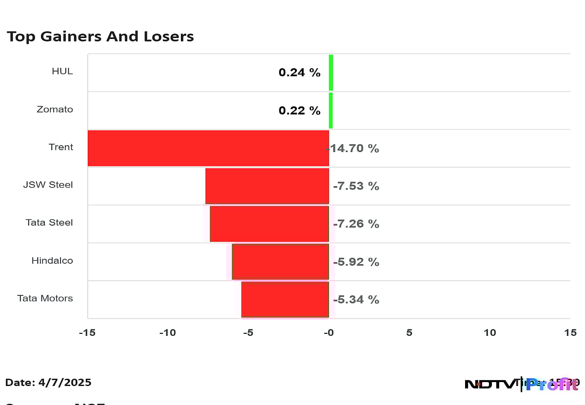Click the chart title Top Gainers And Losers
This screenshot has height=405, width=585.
click(100, 37)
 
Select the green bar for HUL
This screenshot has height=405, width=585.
click(331, 73)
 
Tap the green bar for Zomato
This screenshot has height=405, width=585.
click(331, 111)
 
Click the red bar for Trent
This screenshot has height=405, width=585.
click(208, 148)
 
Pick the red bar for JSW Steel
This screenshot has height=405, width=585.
click(267, 186)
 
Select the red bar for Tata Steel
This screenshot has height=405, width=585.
click(270, 224)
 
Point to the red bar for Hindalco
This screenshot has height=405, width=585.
click(281, 262)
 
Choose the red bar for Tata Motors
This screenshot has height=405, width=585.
click(285, 299)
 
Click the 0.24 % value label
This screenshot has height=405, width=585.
click(299, 73)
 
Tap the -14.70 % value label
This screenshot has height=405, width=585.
click(353, 148)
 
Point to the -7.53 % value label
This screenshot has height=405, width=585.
click(356, 186)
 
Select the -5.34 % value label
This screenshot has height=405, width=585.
click(356, 300)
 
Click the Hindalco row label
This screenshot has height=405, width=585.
click(52, 261)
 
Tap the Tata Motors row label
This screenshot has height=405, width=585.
click(45, 298)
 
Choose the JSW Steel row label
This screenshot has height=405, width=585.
click(48, 185)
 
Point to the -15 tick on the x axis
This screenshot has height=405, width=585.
click(88, 333)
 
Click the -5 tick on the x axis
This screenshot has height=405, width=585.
click(248, 333)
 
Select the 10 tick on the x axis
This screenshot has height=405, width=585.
click(489, 333)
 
